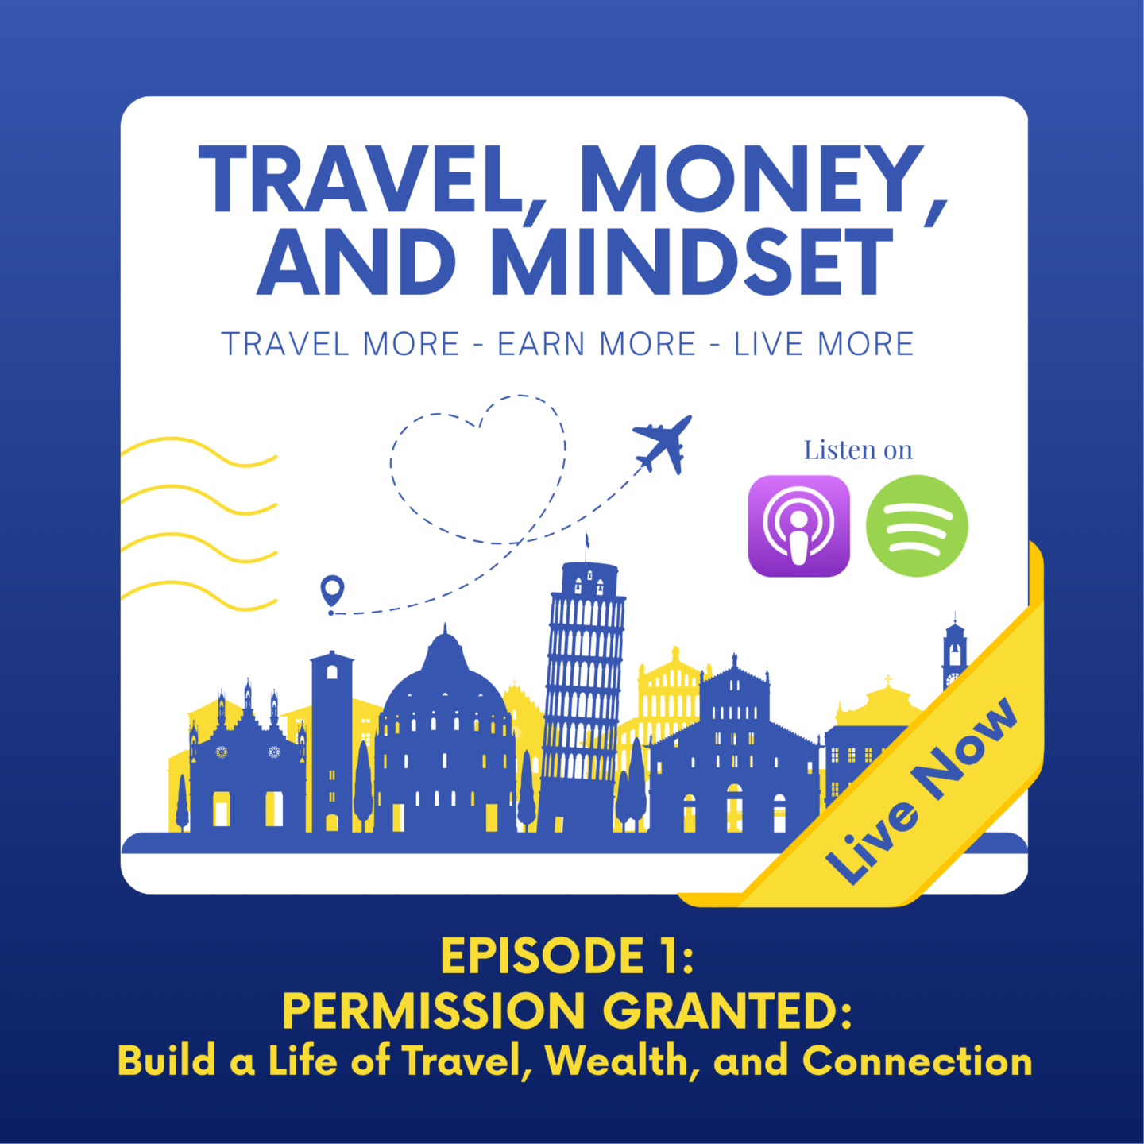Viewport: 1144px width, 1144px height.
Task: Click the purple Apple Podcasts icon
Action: pyautogui.click(x=798, y=525)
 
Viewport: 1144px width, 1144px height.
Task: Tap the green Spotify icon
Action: pyautogui.click(x=917, y=525)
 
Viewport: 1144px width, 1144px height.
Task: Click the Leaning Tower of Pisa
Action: pyautogui.click(x=584, y=694)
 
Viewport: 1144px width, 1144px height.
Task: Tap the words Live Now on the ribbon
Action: pyautogui.click(x=921, y=792)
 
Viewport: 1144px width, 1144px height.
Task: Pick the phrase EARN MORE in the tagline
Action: pyautogui.click(x=597, y=344)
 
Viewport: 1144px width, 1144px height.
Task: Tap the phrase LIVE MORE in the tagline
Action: pyautogui.click(x=824, y=344)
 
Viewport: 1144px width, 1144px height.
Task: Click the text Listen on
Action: pyautogui.click(x=858, y=450)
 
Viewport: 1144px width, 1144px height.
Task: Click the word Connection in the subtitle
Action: pyautogui.click(x=917, y=1061)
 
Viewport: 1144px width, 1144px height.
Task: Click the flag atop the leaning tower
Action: pyautogui.click(x=588, y=539)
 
